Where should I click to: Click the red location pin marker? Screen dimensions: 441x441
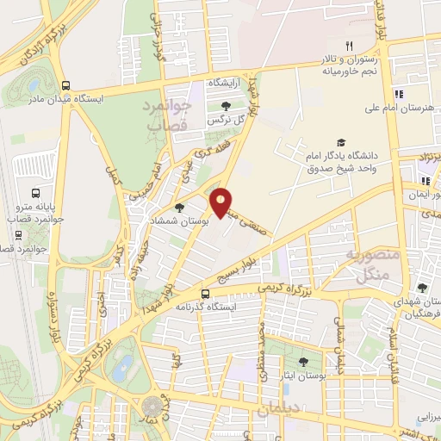tap(221, 202)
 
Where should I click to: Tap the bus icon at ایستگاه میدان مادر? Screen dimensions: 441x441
tap(66, 85)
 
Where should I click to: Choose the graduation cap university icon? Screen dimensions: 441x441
tap(342, 143)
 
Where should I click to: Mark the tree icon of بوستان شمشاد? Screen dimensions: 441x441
tap(179, 207)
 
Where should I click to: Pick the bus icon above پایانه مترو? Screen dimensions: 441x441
tap(35, 194)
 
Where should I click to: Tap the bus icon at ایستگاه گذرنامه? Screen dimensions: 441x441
tap(205, 293)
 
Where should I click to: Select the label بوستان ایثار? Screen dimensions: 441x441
tap(302, 376)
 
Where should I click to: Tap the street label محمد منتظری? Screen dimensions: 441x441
tap(264, 345)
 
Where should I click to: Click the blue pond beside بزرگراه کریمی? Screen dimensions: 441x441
tap(121, 362)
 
